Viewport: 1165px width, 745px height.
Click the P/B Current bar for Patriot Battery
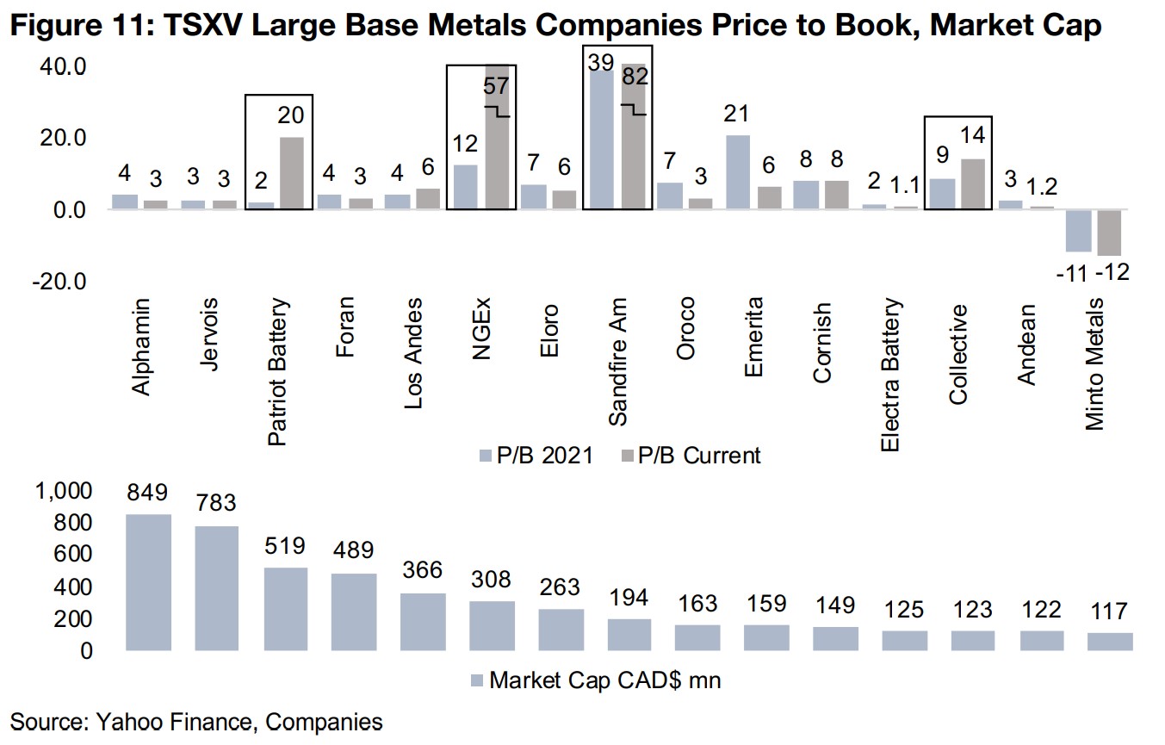pyautogui.click(x=291, y=173)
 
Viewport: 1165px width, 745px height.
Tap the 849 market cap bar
pyautogui.click(x=149, y=582)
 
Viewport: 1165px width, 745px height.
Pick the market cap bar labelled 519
pyautogui.click(x=285, y=609)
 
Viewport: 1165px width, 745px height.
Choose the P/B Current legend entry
pyautogui.click(x=690, y=455)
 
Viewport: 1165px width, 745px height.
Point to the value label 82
pyautogui.click(x=635, y=76)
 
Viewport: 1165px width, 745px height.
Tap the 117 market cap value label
pyautogui.click(x=1110, y=612)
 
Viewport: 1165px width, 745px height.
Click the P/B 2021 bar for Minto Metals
pyautogui.click(x=1077, y=231)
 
